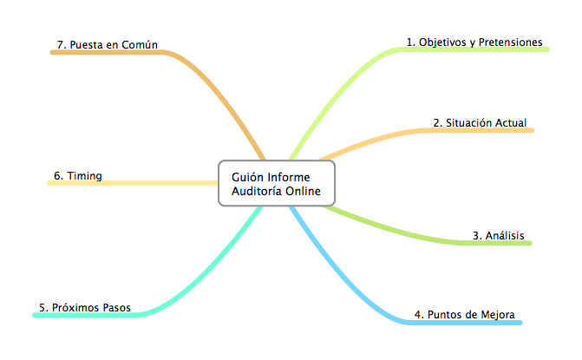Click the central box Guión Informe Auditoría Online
pyautogui.click(x=277, y=183)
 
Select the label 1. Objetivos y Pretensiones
pyautogui.click(x=474, y=43)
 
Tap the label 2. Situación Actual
pyautogui.click(x=480, y=123)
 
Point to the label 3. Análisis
pyautogui.click(x=499, y=235)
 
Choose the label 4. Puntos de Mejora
pyautogui.click(x=465, y=314)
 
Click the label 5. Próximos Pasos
pyautogui.click(x=85, y=308)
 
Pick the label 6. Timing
pyautogui.click(x=78, y=176)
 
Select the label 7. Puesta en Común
pyautogui.click(x=108, y=44)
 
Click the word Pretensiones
pyautogui.click(x=510, y=42)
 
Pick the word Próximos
pyautogui.click(x=75, y=308)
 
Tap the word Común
pyautogui.click(x=140, y=44)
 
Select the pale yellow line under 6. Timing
pyautogui.click(x=133, y=183)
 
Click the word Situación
pyautogui.click(x=469, y=123)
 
